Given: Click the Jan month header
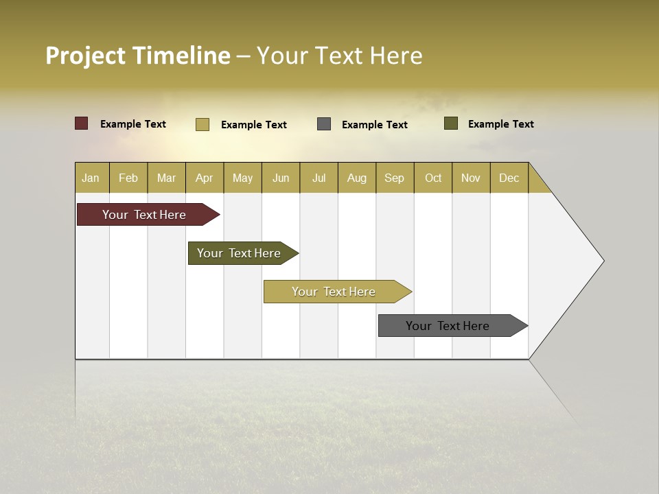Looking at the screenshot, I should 91,178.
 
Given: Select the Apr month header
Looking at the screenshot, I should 205,178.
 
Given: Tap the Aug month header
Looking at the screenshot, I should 357,178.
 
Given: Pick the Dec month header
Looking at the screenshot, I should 509,178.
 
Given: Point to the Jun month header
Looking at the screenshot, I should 281,178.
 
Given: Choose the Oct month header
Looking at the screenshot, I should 433,178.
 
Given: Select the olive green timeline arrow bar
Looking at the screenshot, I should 240,253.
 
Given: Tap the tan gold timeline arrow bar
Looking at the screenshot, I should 334,292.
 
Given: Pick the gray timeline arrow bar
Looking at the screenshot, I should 449,326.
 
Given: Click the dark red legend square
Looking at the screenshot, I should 82,123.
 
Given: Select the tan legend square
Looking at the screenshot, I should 203,124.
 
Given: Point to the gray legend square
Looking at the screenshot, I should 324,124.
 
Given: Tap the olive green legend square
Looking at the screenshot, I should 451,123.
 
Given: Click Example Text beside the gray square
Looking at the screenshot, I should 375,125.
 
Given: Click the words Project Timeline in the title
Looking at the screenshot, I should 137,56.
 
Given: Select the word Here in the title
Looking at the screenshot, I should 396,56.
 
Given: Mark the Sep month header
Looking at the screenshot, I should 395,178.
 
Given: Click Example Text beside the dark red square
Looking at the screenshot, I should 133,124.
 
